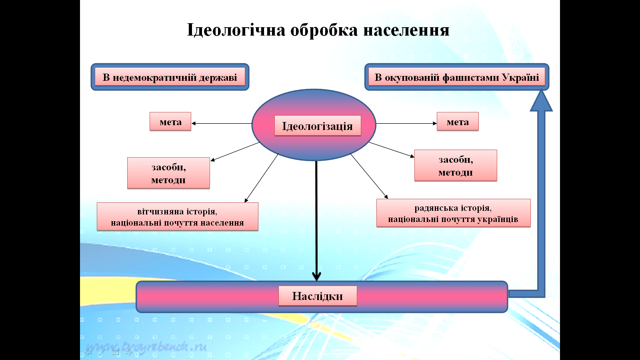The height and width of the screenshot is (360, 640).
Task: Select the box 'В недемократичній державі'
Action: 170,77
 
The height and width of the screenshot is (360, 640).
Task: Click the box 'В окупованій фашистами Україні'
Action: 456,77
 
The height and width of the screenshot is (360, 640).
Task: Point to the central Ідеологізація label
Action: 318,126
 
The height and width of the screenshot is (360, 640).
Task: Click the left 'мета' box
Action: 170,122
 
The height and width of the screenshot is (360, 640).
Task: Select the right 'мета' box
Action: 458,122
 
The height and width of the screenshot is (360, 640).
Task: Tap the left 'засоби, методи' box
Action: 168,173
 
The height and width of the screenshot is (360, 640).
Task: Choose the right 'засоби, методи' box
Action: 456,166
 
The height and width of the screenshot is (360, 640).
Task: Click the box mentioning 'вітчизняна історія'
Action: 178,216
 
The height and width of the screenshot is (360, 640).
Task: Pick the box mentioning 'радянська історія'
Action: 454,213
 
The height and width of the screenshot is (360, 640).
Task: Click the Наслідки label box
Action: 318,296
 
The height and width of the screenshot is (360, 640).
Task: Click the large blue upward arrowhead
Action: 541,100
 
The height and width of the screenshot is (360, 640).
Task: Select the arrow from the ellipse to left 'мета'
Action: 222,124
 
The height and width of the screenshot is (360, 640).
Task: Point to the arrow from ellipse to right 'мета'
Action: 406,124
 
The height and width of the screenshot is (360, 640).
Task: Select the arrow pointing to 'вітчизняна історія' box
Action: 262,178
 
